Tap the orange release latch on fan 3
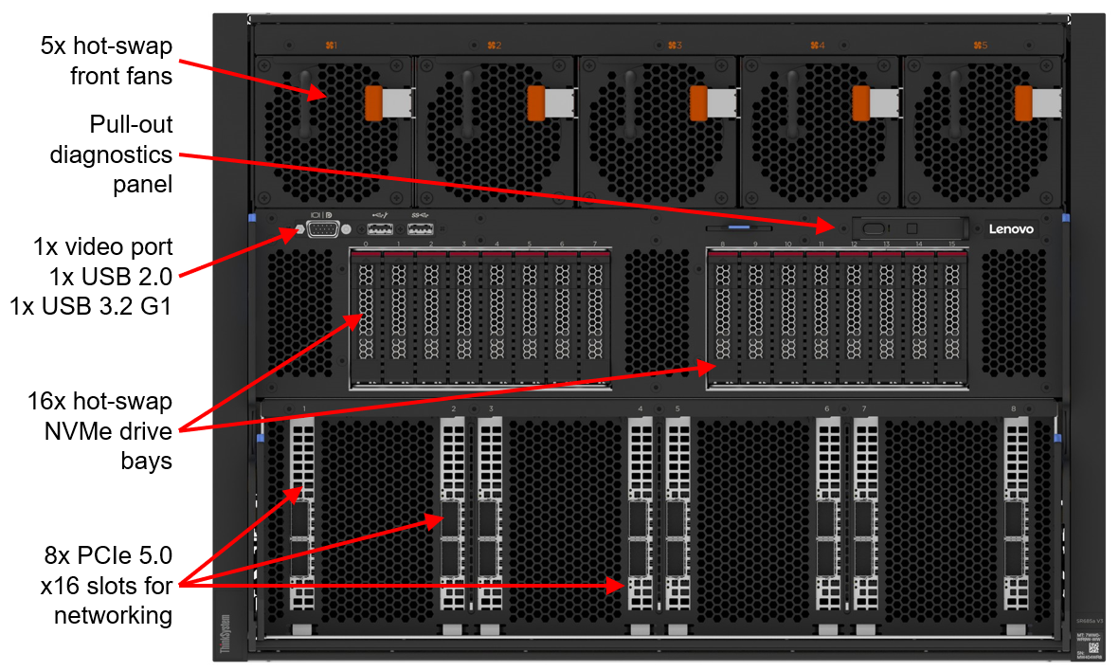[700, 102]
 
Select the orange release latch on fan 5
[1024, 102]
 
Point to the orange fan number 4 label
[818, 45]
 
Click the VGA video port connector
[323, 228]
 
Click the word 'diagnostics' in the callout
[112, 154]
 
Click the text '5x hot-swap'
[106, 45]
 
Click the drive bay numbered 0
[366, 317]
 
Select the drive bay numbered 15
[951, 317]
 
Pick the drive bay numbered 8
[722, 317]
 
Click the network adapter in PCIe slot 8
[1016, 526]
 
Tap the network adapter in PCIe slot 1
[302, 526]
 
